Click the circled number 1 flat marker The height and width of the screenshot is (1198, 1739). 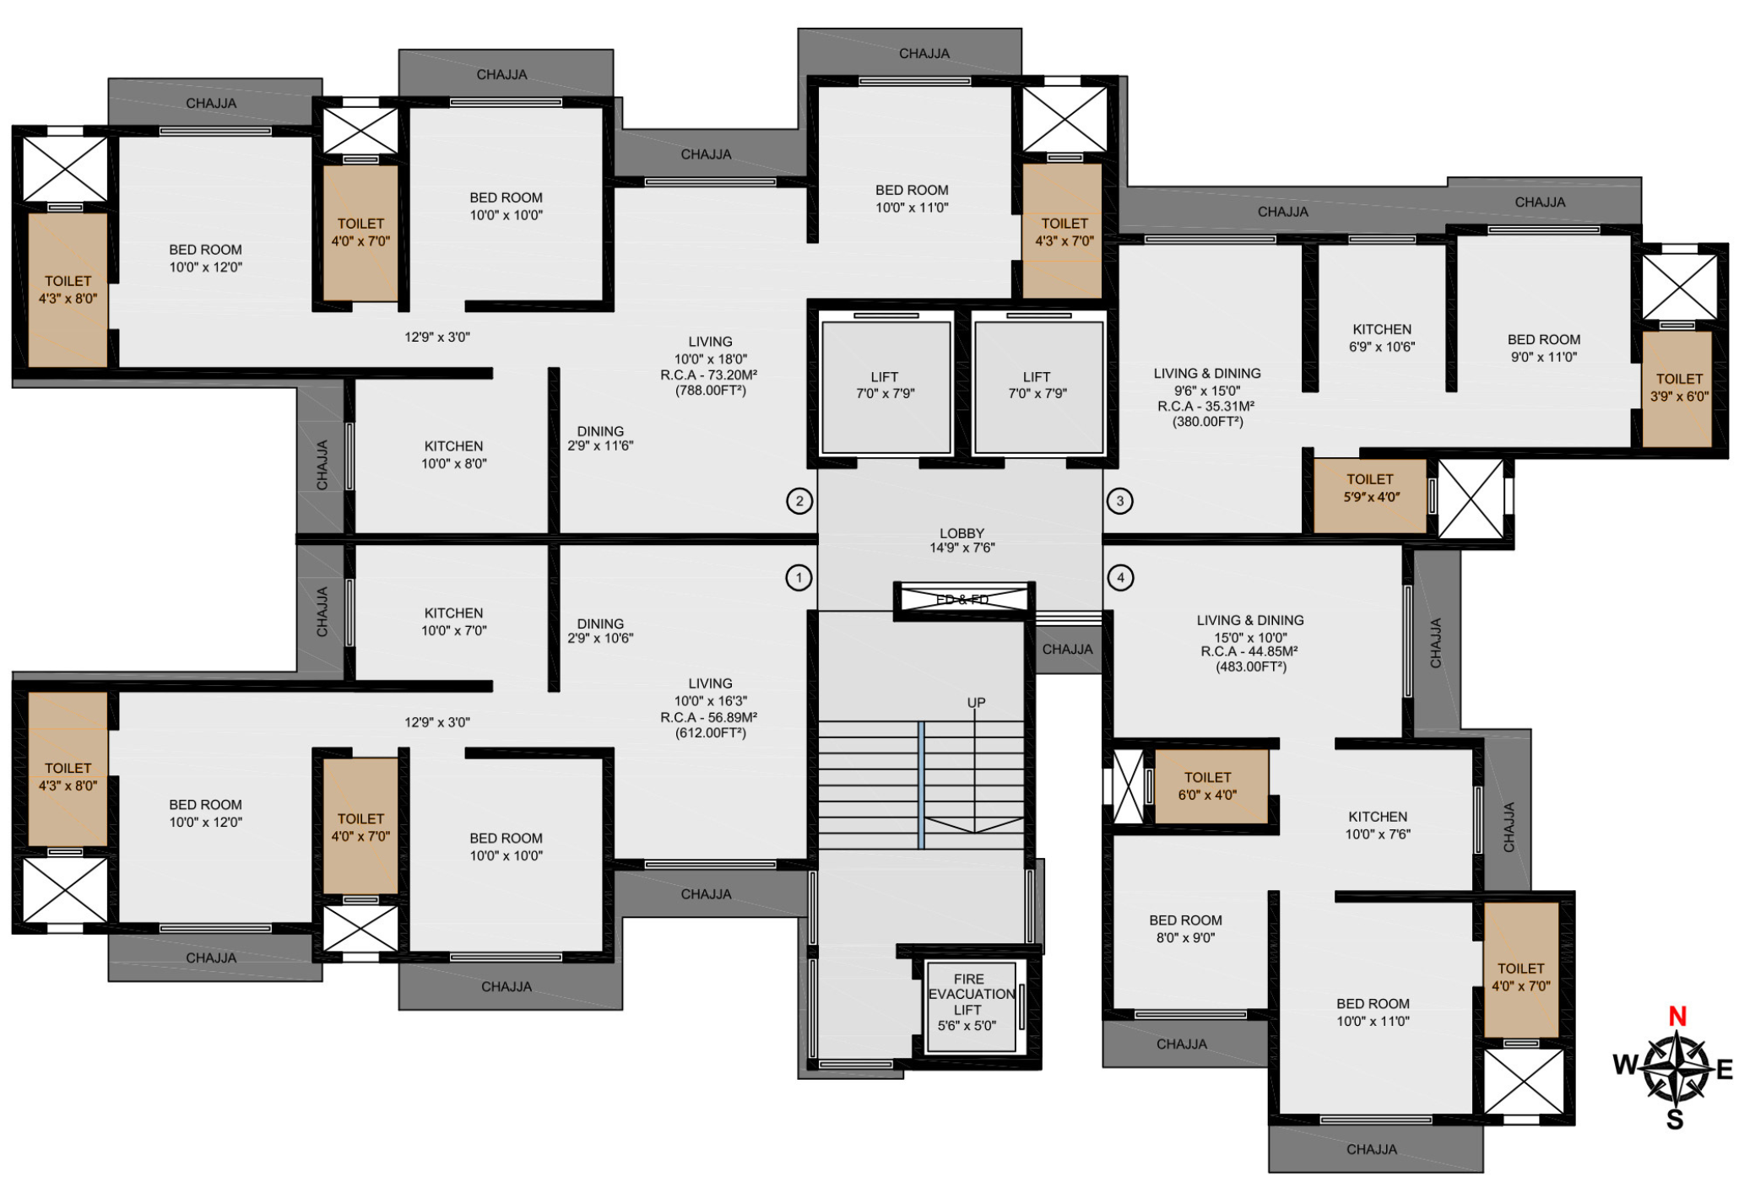[799, 578]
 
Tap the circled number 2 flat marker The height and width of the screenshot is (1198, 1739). [799, 501]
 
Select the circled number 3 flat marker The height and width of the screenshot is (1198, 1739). [1120, 501]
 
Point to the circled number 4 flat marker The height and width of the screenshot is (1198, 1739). [1120, 578]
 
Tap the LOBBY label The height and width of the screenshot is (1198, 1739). [962, 533]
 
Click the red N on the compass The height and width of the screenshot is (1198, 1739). [1677, 1017]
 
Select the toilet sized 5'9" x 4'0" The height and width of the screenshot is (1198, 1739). [1370, 496]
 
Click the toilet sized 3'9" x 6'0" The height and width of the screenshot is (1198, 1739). [1677, 388]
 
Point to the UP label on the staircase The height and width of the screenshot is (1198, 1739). [976, 703]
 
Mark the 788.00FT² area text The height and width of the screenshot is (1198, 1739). [710, 391]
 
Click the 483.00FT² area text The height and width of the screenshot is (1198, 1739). [1250, 667]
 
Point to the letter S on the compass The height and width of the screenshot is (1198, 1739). [1675, 1120]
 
